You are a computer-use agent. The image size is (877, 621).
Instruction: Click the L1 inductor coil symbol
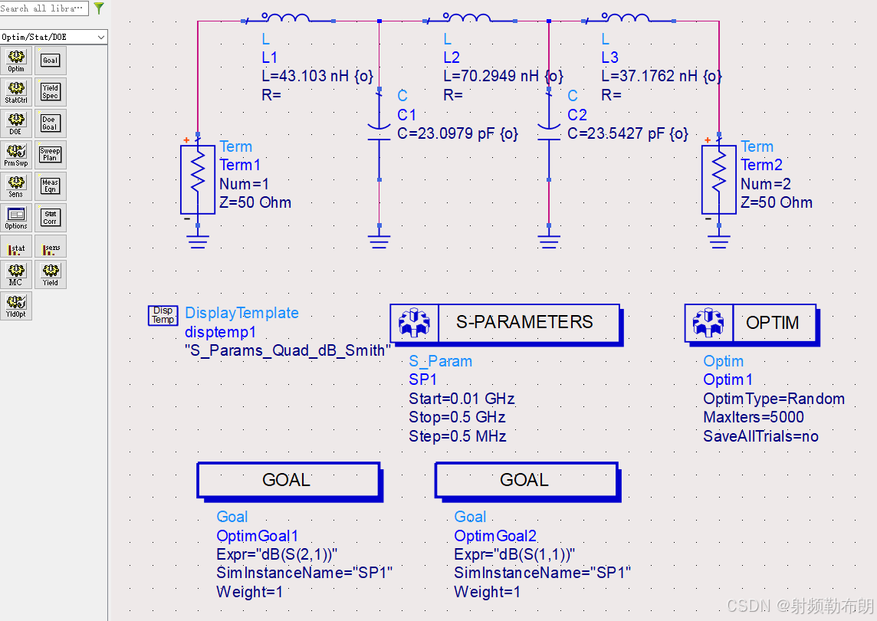tap(286, 18)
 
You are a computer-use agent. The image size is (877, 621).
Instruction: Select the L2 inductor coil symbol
tap(467, 18)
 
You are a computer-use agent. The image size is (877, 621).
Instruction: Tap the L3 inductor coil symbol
tap(626, 18)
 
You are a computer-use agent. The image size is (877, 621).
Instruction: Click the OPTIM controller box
tap(751, 323)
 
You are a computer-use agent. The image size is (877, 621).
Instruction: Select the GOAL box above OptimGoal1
tap(288, 481)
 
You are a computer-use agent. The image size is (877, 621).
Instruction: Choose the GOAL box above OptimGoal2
tap(526, 481)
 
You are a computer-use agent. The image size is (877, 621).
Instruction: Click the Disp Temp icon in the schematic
tap(163, 315)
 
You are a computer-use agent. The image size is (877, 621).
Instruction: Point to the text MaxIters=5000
tap(754, 417)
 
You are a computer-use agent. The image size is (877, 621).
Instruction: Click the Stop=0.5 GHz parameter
tap(457, 417)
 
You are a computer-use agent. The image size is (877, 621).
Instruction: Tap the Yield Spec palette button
tap(50, 92)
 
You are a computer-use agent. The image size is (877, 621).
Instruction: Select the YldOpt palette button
tap(16, 305)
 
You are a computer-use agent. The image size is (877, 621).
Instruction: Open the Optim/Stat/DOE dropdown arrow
tap(101, 37)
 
